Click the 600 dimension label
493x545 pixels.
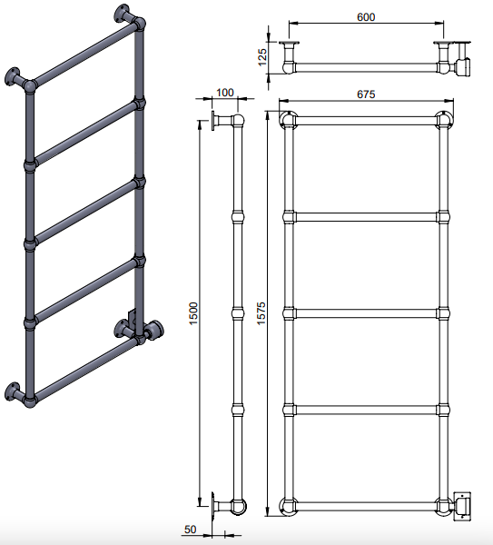(366, 17)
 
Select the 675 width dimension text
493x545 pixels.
(366, 94)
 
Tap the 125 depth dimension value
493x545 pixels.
(262, 57)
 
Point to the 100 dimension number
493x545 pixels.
(225, 93)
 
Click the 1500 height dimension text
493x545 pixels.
(193, 313)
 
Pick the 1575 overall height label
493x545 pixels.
(261, 313)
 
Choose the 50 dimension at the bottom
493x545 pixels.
(190, 530)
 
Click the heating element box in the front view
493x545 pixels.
(463, 506)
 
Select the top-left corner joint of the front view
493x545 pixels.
(288, 120)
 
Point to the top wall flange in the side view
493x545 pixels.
(213, 121)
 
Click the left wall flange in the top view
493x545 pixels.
(289, 44)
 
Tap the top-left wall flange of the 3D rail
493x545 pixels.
(13, 77)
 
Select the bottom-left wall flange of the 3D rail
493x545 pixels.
(13, 391)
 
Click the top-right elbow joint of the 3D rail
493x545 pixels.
(140, 24)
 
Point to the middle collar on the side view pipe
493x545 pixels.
(238, 312)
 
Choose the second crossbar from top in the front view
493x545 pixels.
(366, 217)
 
